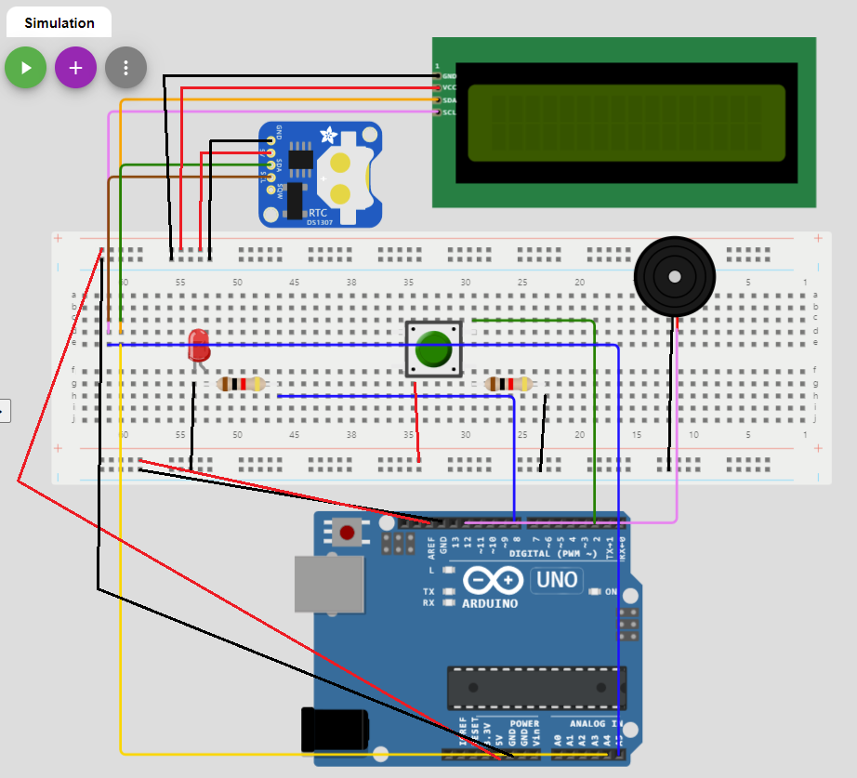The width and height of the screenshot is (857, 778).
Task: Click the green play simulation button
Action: click(x=26, y=68)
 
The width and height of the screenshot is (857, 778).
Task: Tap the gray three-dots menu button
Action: click(x=125, y=68)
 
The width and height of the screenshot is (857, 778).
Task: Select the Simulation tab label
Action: click(x=59, y=23)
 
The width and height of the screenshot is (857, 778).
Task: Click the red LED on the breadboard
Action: click(x=198, y=345)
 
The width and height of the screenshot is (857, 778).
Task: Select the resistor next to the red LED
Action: click(x=242, y=384)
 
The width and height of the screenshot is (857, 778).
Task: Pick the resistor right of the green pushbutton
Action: click(x=509, y=384)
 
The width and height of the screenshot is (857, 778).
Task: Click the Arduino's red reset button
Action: click(x=348, y=533)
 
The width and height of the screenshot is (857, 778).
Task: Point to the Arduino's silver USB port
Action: click(x=328, y=585)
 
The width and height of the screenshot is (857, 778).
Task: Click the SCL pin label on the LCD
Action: click(x=449, y=112)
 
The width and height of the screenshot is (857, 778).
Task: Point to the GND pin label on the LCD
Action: click(x=449, y=76)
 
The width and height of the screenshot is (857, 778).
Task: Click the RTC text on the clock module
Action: click(x=318, y=213)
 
